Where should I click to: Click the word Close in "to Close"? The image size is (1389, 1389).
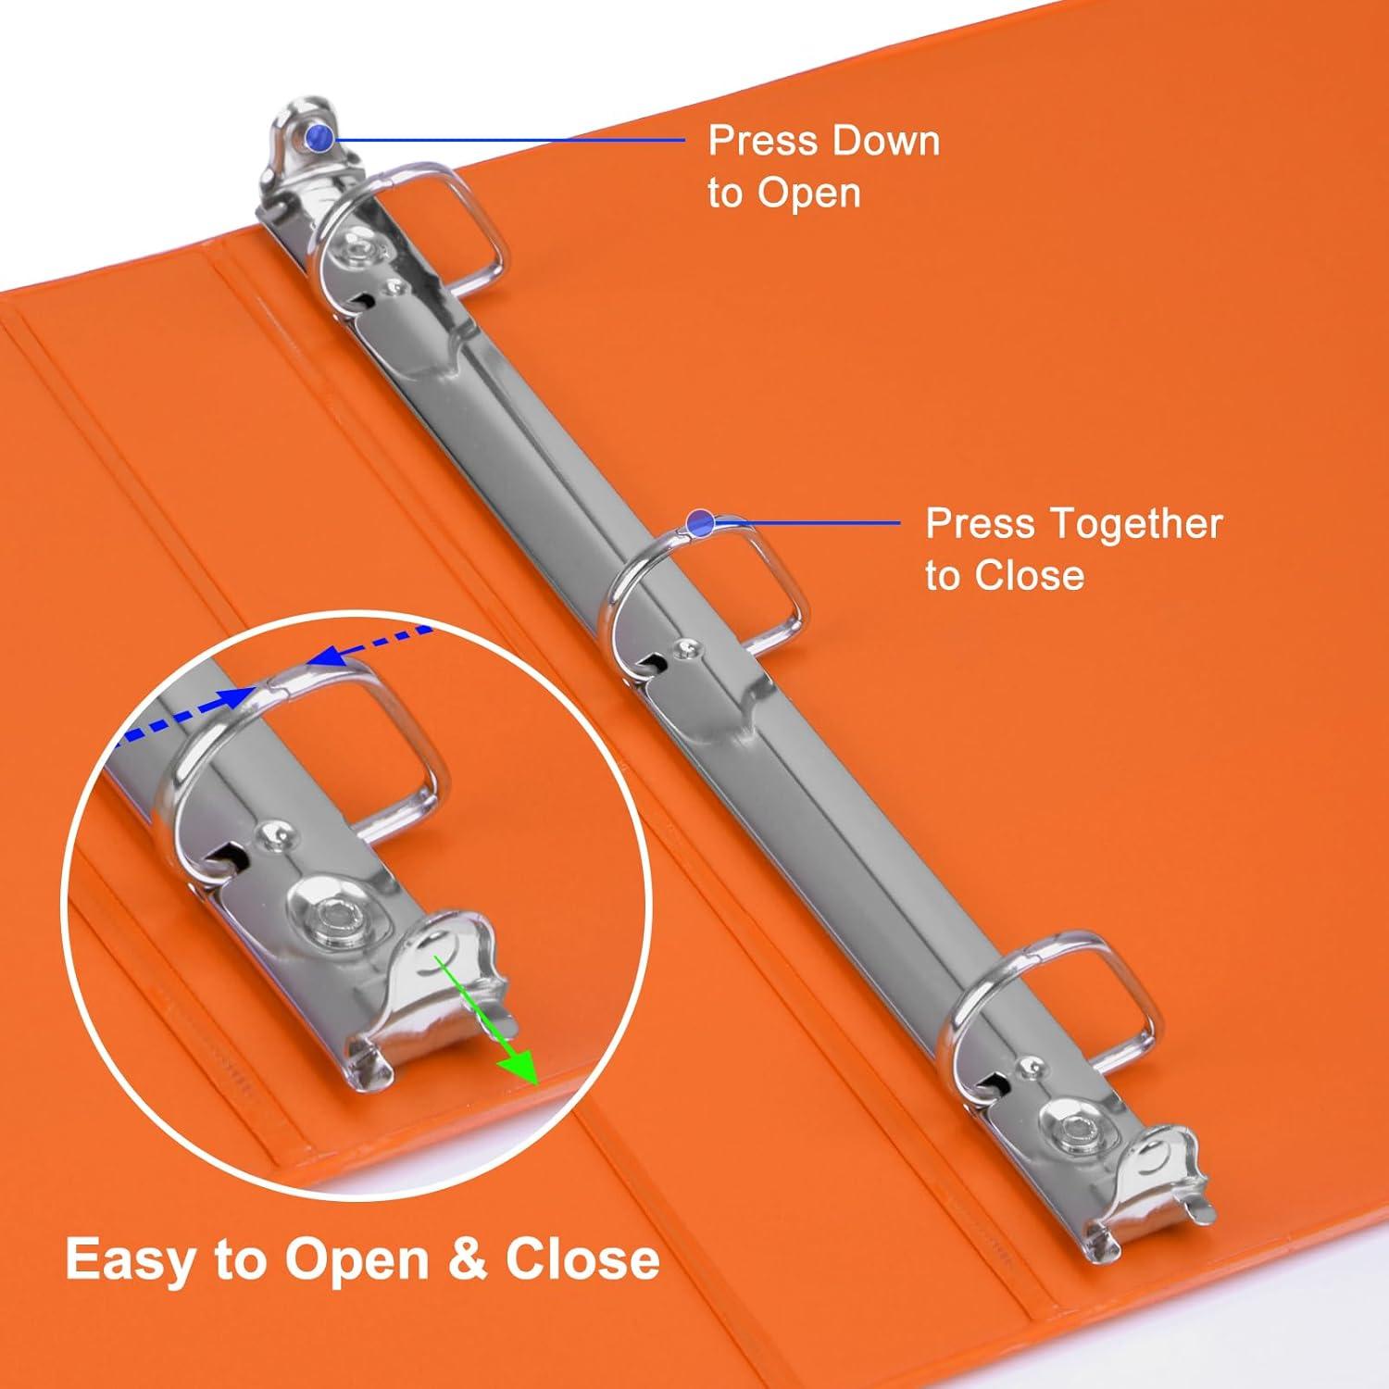[x=1028, y=575]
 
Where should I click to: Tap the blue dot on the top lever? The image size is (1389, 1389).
[x=320, y=138]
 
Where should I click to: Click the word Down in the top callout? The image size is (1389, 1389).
[x=884, y=142]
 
